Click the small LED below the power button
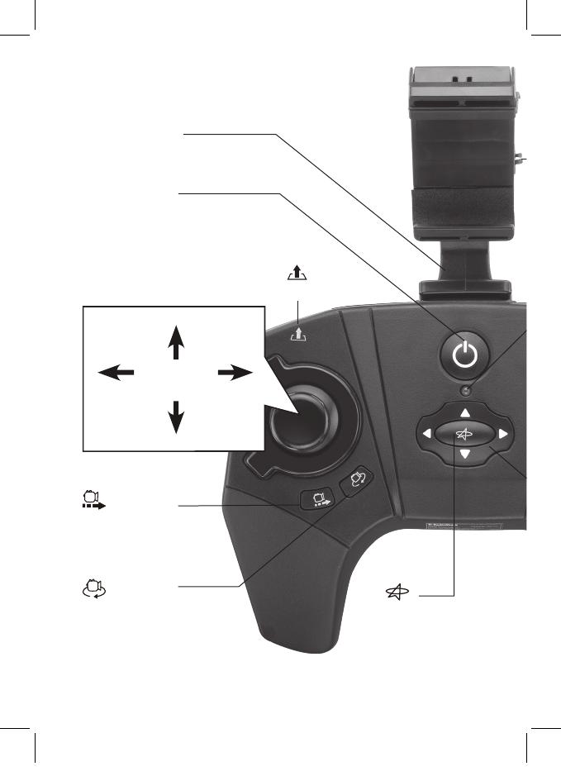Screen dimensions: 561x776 tap(467, 390)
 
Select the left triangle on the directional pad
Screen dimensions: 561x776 tap(426, 433)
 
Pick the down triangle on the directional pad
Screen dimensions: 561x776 tap(465, 455)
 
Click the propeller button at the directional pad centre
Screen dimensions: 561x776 tap(465, 433)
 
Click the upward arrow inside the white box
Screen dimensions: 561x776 tap(175, 341)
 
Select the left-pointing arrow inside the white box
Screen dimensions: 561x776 tap(116, 374)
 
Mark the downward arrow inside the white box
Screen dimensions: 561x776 tap(175, 416)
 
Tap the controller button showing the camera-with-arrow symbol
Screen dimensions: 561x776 tap(317, 500)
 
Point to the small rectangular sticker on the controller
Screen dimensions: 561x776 tap(463, 526)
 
